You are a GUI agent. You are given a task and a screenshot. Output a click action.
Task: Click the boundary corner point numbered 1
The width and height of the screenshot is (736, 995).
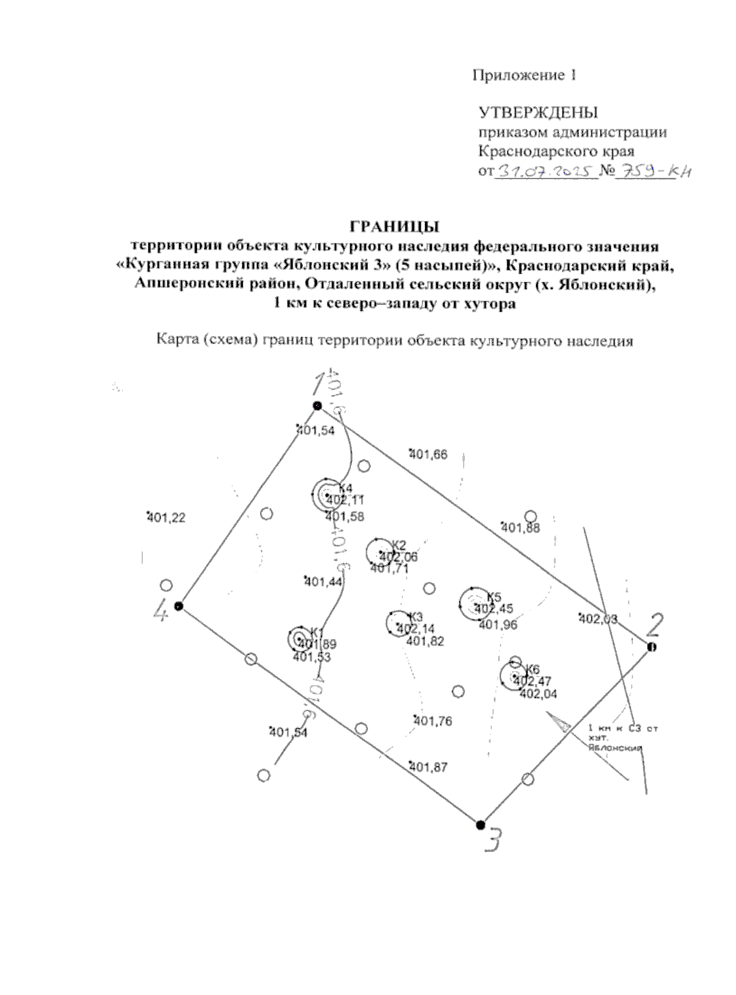click(x=317, y=405)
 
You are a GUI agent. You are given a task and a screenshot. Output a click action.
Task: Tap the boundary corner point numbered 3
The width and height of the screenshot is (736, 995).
click(x=481, y=824)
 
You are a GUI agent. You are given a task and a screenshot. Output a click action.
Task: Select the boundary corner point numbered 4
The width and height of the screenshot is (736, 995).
click(x=178, y=606)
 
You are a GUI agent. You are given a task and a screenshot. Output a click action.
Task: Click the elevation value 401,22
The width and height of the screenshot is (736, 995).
click(x=166, y=518)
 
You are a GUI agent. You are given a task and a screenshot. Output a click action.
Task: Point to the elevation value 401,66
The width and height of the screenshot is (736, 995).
click(x=428, y=455)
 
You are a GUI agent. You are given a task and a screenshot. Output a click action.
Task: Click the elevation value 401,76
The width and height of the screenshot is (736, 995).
click(x=433, y=721)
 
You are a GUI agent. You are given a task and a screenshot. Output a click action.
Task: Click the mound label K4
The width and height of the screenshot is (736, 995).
click(x=345, y=488)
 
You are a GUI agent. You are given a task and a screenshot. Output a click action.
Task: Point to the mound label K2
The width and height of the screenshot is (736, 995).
click(x=399, y=545)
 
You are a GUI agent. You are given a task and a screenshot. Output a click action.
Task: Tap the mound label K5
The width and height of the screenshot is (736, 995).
click(x=494, y=597)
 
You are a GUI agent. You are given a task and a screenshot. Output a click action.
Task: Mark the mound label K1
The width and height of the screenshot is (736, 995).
click(x=316, y=632)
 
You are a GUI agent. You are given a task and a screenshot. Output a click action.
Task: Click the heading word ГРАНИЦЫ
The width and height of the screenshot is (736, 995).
click(x=394, y=227)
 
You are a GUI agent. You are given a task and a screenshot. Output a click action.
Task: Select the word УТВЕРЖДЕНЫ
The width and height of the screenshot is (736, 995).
click(x=538, y=113)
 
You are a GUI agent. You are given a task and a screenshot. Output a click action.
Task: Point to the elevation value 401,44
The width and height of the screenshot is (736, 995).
click(x=323, y=582)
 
